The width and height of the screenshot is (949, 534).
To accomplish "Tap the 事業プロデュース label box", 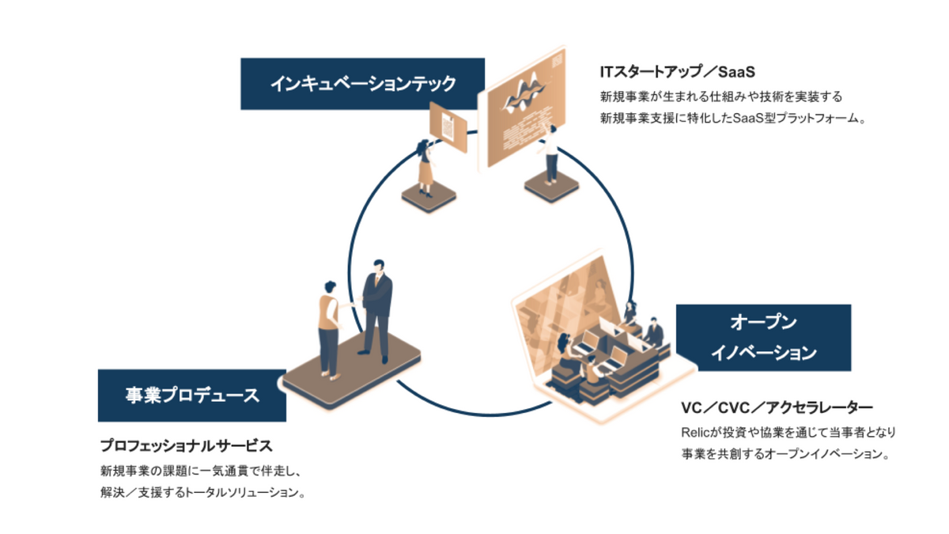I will (x=191, y=395).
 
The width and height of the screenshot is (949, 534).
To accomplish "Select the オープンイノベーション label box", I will (x=762, y=337).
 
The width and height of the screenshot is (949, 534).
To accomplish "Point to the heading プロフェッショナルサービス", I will (x=186, y=445).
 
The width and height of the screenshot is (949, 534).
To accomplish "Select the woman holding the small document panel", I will (x=426, y=166).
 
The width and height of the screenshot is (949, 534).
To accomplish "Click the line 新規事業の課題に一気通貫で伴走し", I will (x=202, y=470).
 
